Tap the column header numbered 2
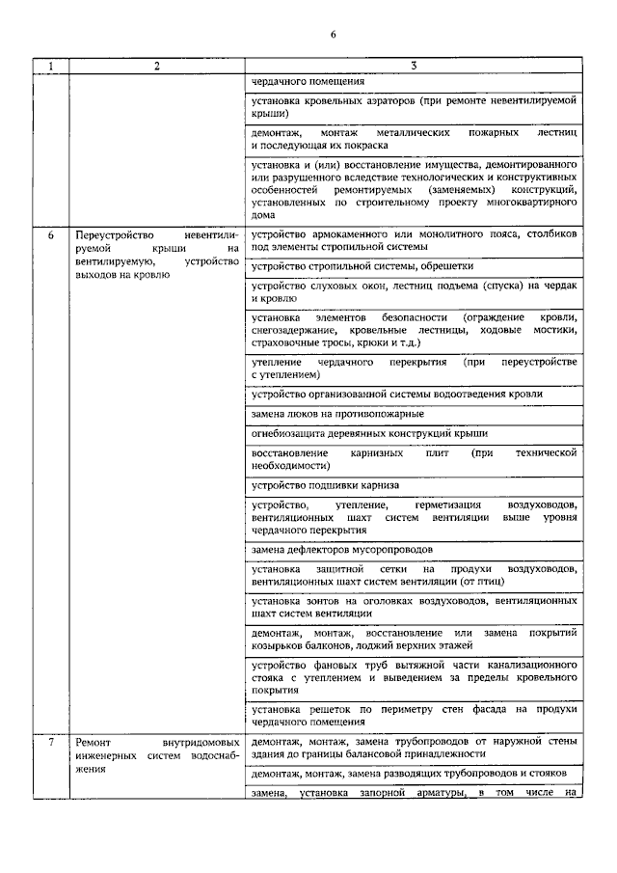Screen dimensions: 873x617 (x=155, y=67)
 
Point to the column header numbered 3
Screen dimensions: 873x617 (x=413, y=67)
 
